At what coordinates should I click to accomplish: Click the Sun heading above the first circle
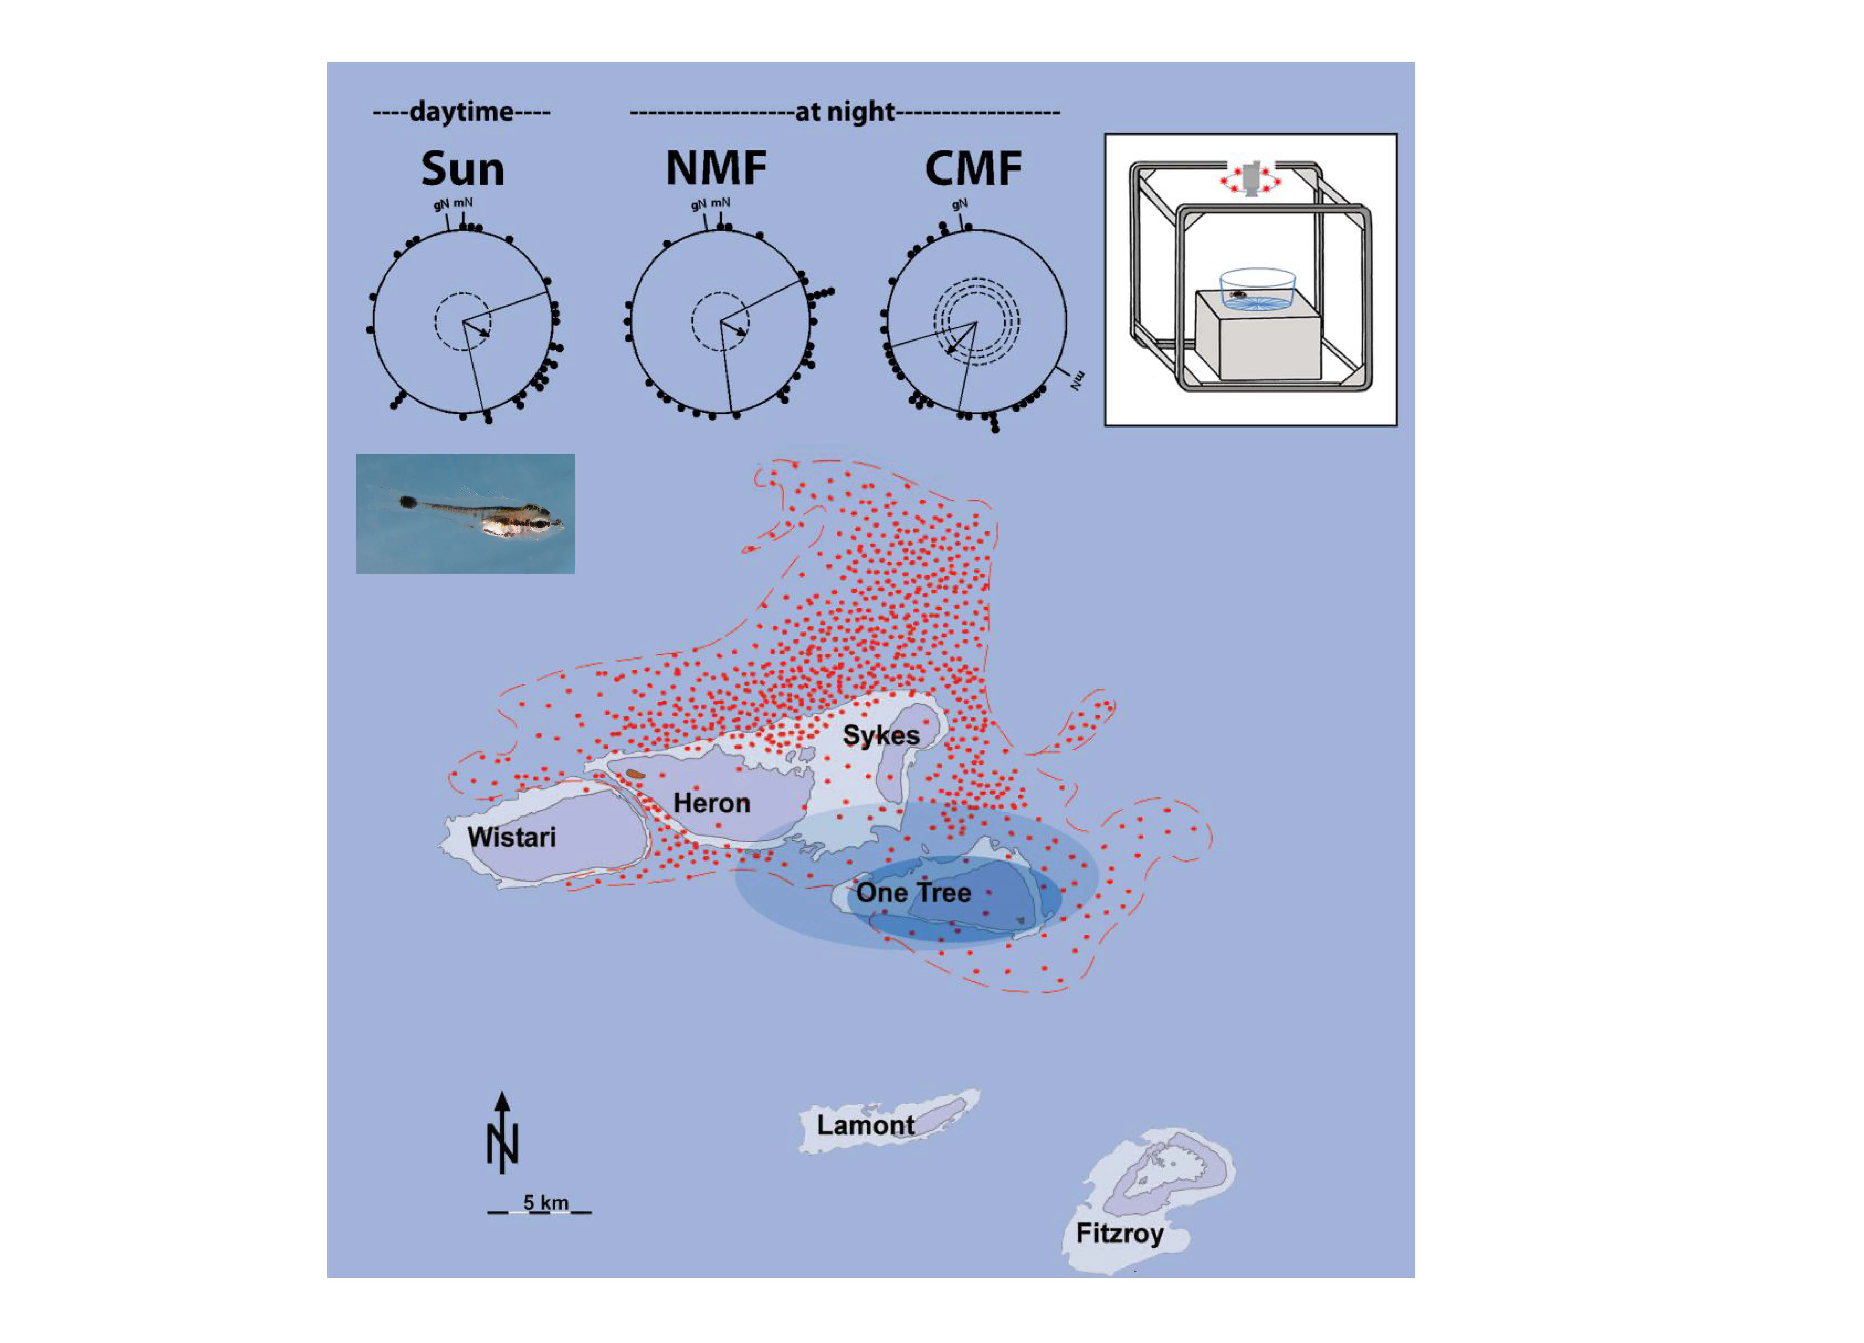click(x=463, y=169)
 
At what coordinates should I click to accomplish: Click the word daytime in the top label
click(x=461, y=111)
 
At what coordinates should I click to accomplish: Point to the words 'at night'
click(x=844, y=111)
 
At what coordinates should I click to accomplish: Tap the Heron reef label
click(x=712, y=803)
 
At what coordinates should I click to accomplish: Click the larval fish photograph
click(x=465, y=514)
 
